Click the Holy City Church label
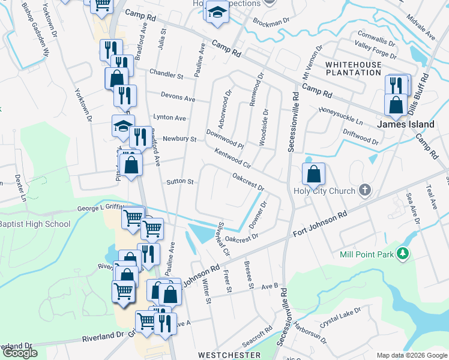(x=324, y=191)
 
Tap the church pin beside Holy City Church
(x=364, y=191)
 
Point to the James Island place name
(x=405, y=124)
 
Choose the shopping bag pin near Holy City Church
(x=313, y=175)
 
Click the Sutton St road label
(x=179, y=181)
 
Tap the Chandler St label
(x=166, y=76)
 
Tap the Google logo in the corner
(x=20, y=353)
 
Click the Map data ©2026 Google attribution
(x=411, y=355)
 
